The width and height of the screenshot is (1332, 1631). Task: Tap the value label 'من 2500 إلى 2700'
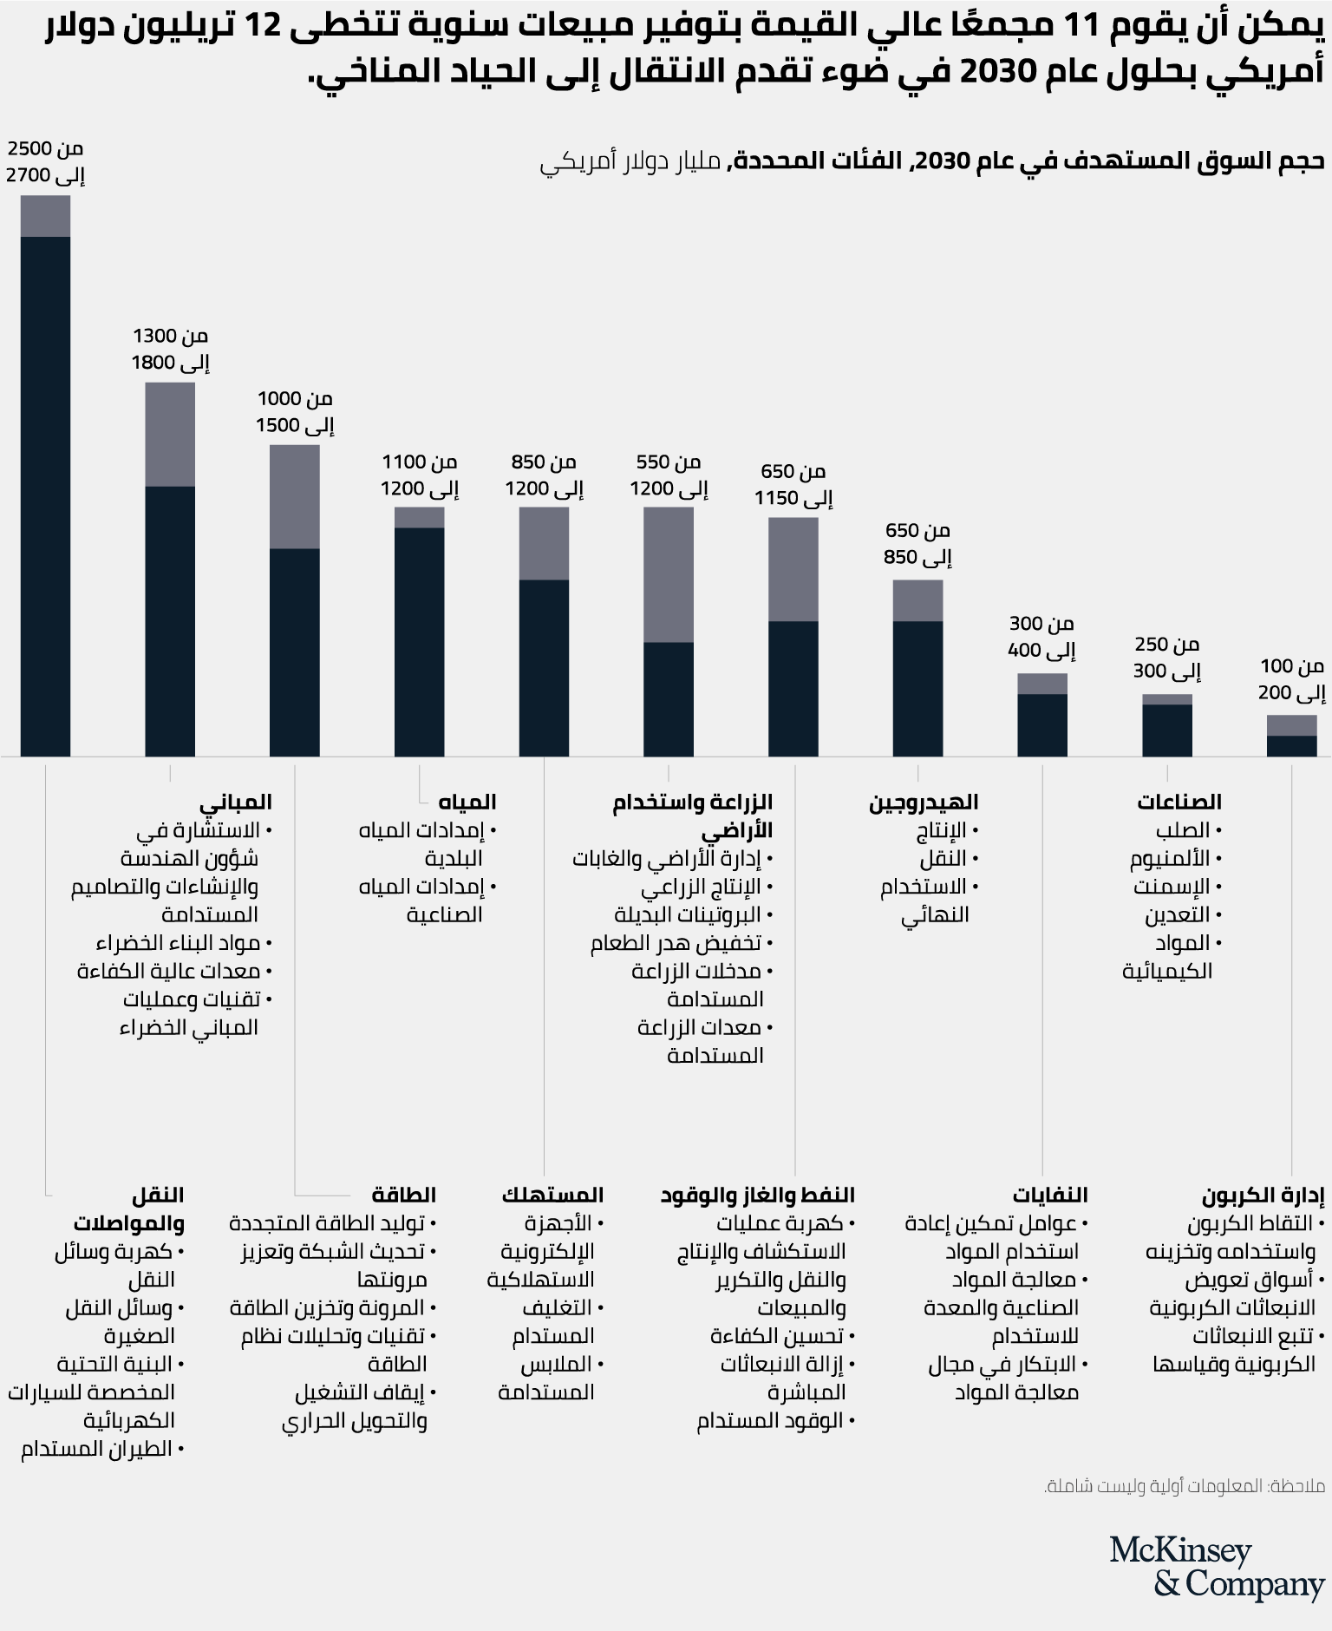[45, 162]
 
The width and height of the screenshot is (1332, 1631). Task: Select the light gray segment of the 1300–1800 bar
[170, 434]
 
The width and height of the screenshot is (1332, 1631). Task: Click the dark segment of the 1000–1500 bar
[295, 651]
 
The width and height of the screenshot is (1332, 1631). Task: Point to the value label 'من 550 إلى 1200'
[669, 475]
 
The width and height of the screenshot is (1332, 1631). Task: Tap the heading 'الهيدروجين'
[924, 802]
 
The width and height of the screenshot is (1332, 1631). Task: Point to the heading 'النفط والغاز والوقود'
[758, 1195]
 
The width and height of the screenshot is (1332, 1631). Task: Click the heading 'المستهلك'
[552, 1195]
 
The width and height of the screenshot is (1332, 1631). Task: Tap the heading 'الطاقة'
[403, 1195]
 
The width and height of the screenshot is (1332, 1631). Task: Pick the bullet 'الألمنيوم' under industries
[1170, 859]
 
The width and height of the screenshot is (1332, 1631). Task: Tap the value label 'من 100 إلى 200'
[1291, 679]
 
